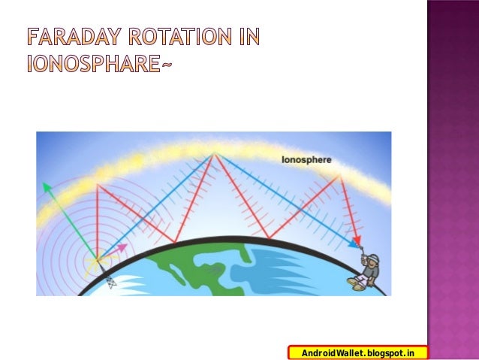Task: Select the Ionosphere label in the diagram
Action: (306, 160)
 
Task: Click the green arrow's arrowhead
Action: (46, 186)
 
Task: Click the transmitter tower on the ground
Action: (110, 281)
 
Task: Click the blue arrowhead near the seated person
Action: (354, 244)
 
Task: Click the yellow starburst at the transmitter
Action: (97, 262)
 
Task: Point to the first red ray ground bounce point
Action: (174, 243)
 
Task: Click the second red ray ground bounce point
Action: (269, 237)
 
